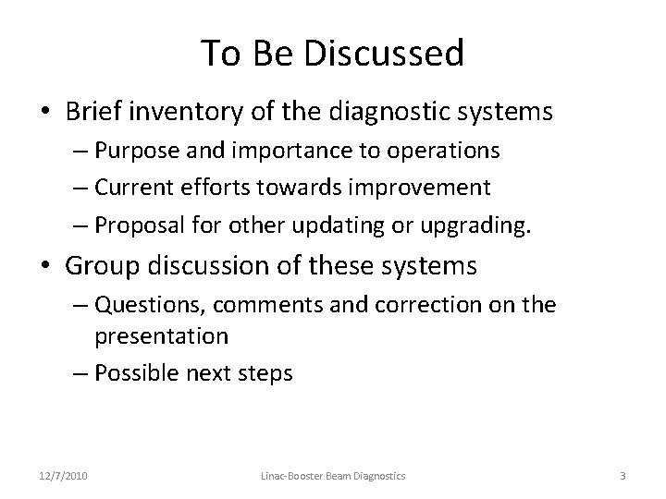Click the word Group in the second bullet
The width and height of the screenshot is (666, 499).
coord(103,267)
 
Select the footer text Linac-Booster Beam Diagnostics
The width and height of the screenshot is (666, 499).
coord(332,476)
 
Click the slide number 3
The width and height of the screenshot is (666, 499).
coord(623,476)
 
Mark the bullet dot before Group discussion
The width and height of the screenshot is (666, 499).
coord(45,268)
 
